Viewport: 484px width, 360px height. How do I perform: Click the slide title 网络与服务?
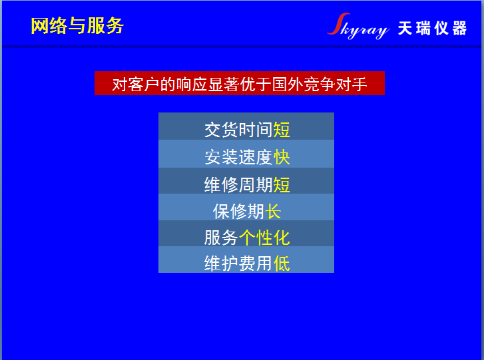point(77,26)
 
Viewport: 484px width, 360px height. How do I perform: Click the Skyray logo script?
point(358,27)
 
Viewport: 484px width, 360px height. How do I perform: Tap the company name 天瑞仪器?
point(433,29)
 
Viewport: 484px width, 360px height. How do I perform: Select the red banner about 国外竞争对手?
point(239,84)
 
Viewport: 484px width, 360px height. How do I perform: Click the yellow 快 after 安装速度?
point(282,157)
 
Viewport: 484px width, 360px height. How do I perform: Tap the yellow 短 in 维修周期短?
point(282,184)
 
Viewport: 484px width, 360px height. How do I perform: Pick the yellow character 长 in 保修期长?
point(273,211)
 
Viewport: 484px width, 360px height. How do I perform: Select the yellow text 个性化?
point(264,237)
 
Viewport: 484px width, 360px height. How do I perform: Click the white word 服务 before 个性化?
point(221,237)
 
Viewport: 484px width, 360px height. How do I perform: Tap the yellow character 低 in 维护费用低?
point(282,264)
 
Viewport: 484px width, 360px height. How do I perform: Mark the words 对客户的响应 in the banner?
point(152,85)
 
